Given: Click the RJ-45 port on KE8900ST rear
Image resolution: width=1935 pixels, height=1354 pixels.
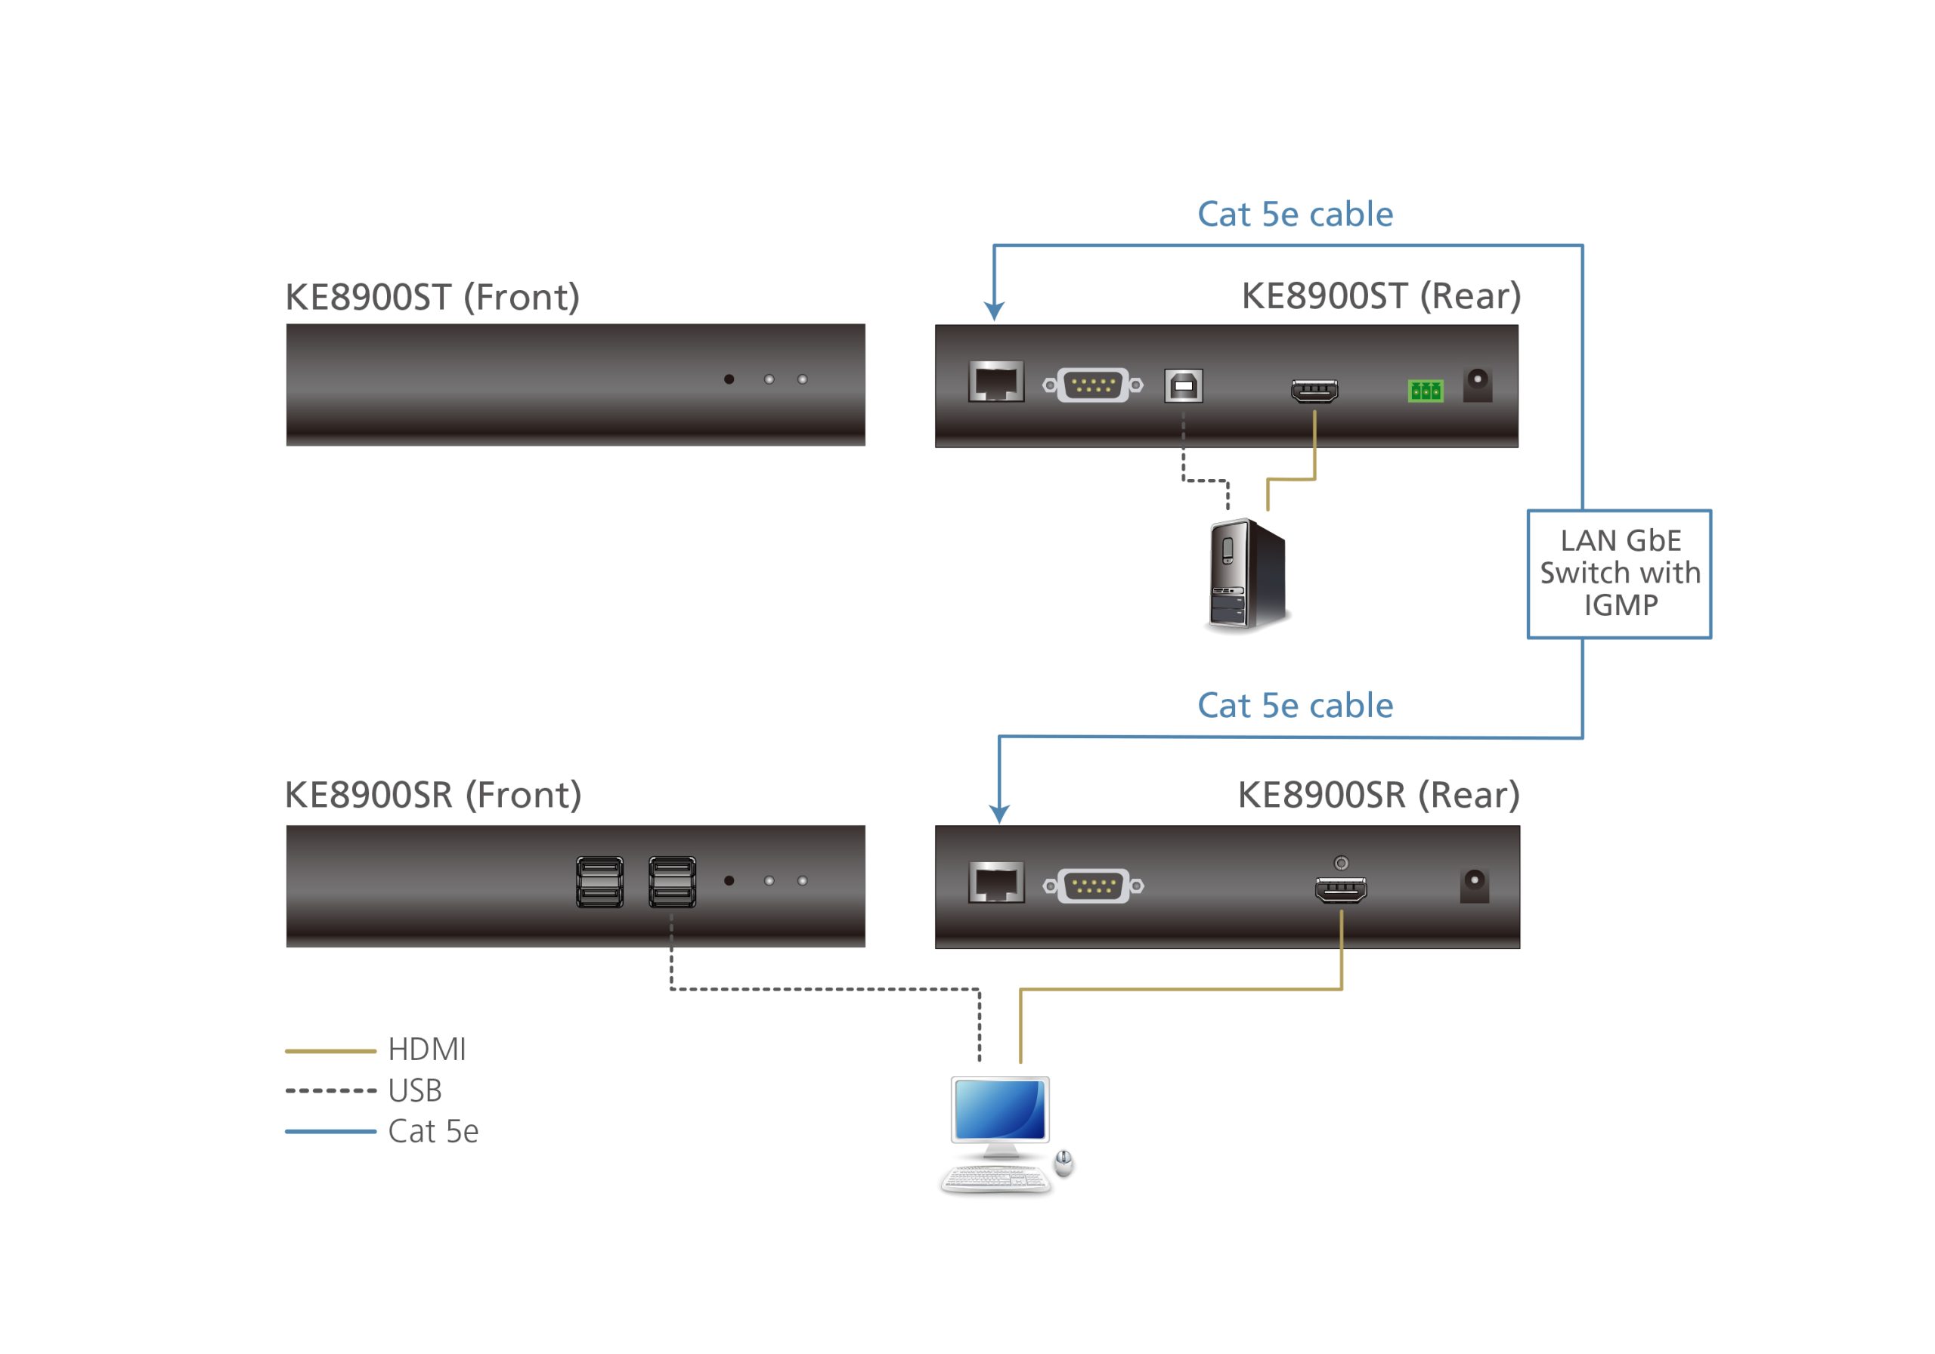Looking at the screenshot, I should coord(995,382).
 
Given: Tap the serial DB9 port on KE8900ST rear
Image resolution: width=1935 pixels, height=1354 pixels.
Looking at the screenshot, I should coord(1092,385).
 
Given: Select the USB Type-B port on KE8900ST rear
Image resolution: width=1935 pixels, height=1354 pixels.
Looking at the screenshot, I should coord(1182,386).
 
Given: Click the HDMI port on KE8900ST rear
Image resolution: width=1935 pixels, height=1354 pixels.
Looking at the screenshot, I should coord(1314,391).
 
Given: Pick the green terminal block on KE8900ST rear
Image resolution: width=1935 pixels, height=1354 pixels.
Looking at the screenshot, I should coord(1424,390).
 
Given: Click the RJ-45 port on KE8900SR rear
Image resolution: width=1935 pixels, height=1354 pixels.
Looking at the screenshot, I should coord(995,883).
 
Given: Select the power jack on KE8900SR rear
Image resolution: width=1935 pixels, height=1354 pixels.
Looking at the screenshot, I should coord(1473,886).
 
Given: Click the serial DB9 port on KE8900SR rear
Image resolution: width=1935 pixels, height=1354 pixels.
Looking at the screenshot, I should coord(1093,886).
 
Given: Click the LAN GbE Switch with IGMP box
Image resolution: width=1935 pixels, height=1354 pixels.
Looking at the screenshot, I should coord(1618,573).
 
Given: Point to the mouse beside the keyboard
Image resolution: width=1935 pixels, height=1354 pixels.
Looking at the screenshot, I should coord(1063,1163).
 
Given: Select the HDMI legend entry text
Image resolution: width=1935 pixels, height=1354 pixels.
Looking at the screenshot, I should coord(426,1050).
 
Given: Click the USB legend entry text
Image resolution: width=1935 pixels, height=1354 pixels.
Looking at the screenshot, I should coord(415,1090).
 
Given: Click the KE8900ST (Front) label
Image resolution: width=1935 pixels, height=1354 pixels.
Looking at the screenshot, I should coord(432,298).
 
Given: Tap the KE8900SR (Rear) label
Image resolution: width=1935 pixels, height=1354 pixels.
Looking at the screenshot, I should coord(1378,795).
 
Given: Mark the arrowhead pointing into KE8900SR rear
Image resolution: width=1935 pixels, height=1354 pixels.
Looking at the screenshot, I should coord(998,814).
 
